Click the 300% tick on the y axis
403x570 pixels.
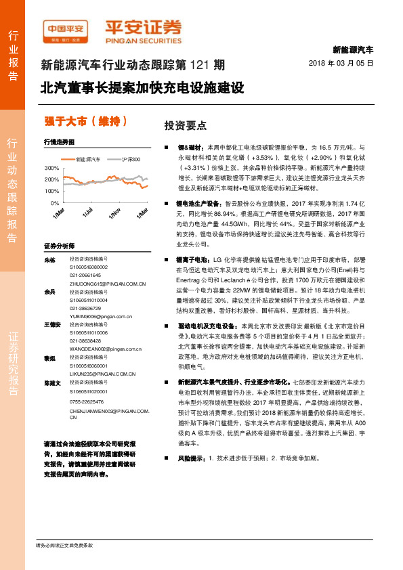tap(52, 167)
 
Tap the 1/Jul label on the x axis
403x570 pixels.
tap(87, 212)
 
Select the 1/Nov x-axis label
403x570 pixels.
tap(114, 213)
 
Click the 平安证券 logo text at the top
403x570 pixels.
tap(144, 28)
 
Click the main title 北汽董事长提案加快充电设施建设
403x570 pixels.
tap(142, 88)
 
